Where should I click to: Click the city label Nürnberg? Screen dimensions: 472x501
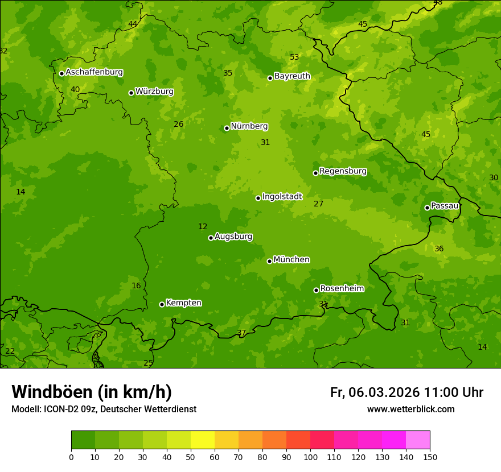pos(249,126)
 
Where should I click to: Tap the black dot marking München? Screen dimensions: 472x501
pos(270,261)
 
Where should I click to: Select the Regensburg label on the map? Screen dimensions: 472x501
pos(343,171)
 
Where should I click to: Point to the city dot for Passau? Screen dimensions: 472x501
pos(427,208)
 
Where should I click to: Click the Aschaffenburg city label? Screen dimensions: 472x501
pos(94,72)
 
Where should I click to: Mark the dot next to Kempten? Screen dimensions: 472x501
pos(162,304)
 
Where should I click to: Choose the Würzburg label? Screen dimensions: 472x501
pos(154,92)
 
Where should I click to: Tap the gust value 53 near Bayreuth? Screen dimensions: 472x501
pos(294,57)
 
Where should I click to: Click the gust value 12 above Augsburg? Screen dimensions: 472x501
pos(203,226)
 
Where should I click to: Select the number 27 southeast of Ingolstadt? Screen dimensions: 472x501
pos(318,204)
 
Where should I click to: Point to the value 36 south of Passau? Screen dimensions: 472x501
pos(439,249)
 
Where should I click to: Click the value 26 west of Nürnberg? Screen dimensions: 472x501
pos(178,124)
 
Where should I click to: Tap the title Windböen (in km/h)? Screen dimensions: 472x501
pos(92,392)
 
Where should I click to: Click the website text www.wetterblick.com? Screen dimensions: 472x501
pos(410,409)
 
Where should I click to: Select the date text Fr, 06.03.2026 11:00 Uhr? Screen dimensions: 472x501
pos(406,392)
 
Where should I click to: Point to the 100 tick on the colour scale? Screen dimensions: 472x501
pos(310,457)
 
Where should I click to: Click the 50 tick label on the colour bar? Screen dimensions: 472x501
pos(191,457)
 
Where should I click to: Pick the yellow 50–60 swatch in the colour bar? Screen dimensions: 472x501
pos(203,440)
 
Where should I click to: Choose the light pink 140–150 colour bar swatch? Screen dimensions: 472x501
pos(418,440)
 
